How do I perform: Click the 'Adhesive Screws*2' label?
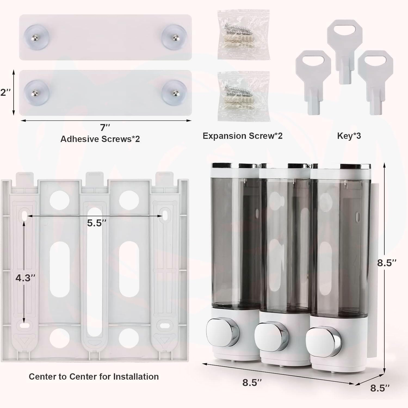click(100, 139)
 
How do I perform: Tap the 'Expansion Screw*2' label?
click(242, 136)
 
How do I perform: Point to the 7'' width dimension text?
click(105, 127)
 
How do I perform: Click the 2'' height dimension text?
click(5, 92)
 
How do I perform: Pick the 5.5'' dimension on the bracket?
click(96, 223)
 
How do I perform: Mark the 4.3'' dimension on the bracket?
click(25, 278)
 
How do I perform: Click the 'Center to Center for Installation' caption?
click(94, 376)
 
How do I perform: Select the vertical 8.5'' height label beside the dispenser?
click(387, 263)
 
